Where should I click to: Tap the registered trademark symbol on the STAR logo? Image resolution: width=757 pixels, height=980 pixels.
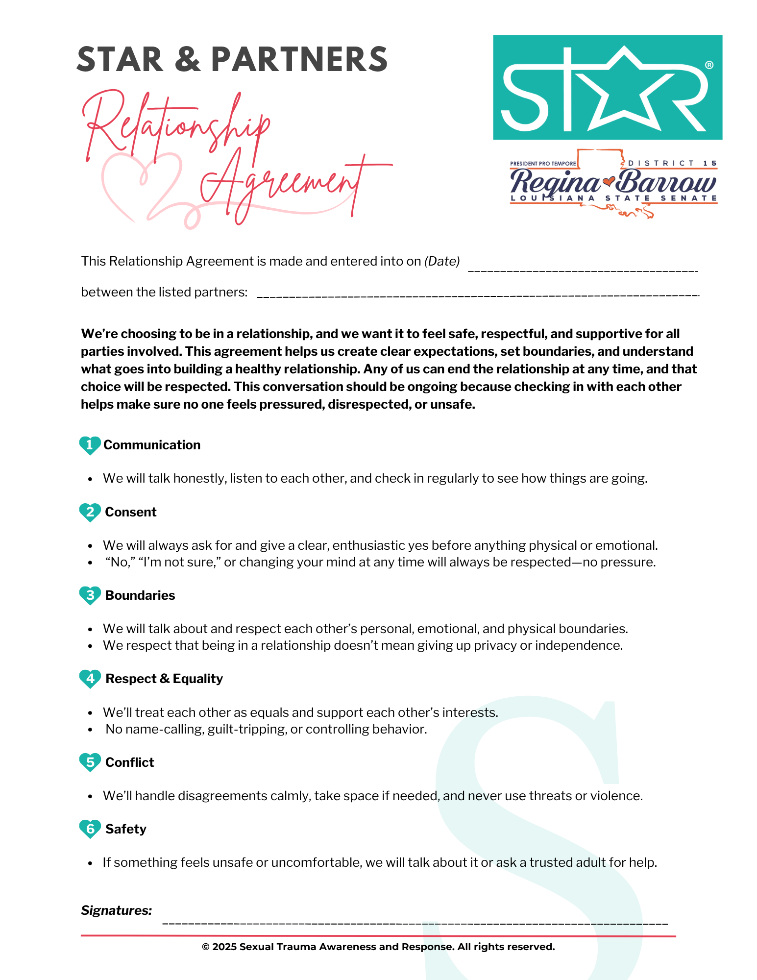pos(708,65)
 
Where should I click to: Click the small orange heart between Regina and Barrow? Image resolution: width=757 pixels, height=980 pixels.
pos(609,182)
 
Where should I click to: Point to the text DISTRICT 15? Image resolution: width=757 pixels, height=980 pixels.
pos(672,163)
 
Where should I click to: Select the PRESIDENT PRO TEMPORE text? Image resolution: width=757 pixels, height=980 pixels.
pos(543,164)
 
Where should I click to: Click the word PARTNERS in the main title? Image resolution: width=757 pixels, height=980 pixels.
pos(299,60)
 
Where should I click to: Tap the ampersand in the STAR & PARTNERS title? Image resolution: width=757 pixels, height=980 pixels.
pos(187,60)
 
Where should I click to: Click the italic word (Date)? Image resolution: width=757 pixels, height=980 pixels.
pos(442,261)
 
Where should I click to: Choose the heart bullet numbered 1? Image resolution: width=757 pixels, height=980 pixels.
pos(90,445)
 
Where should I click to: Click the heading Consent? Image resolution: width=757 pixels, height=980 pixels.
pos(131,512)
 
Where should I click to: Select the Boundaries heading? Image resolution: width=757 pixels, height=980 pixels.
pos(140,595)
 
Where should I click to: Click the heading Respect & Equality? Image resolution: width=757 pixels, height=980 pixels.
pos(164,679)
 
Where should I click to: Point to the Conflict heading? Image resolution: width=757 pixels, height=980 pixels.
pos(130,762)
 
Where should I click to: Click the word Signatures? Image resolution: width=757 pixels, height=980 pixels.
pos(117,910)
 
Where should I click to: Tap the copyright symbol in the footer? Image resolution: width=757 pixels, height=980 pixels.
pos(206,947)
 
